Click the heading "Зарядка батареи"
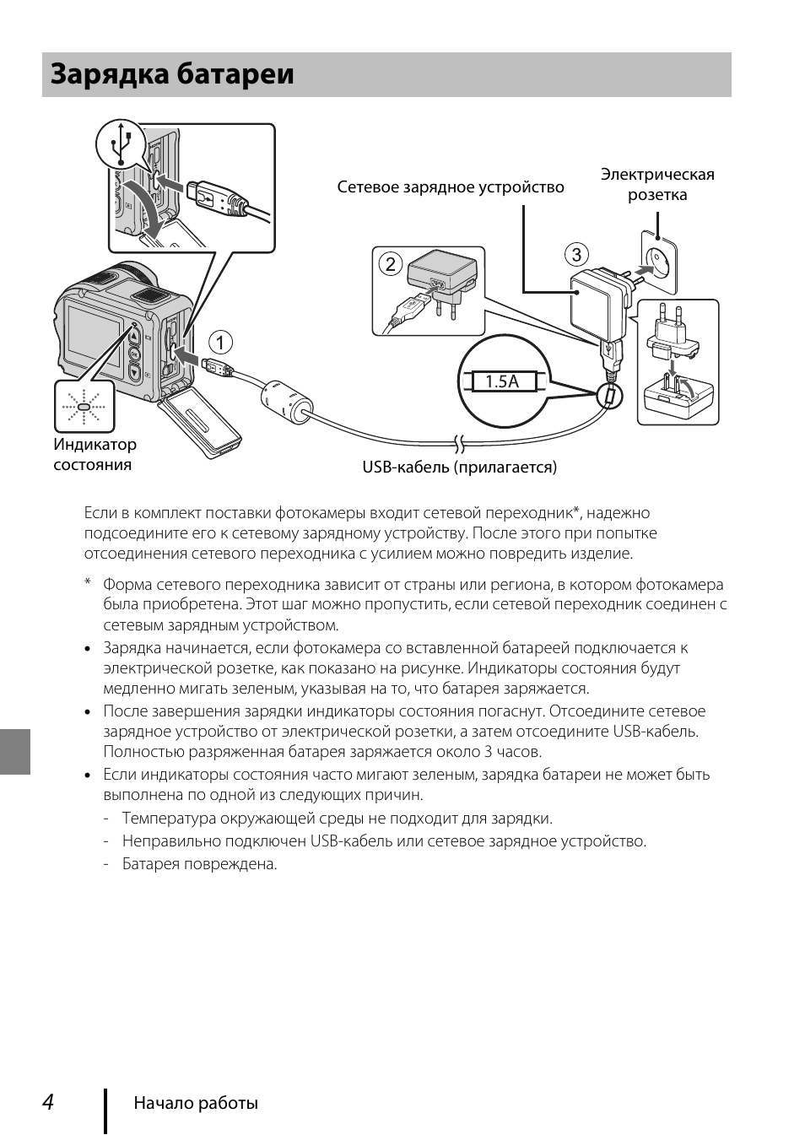click(x=173, y=75)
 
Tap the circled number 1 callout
click(x=220, y=343)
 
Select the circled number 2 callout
click(x=390, y=264)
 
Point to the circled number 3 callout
click(x=576, y=255)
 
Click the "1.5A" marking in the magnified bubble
click(x=501, y=381)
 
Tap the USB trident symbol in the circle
click(x=123, y=144)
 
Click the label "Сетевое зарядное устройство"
click(x=451, y=187)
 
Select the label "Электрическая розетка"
click(x=657, y=185)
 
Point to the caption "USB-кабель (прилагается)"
click(x=460, y=467)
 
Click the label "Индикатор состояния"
click(x=95, y=455)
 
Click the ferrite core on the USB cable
click(x=284, y=400)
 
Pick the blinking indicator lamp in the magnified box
click(x=84, y=407)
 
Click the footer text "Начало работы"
click(x=196, y=1103)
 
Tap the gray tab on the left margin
click(x=15, y=751)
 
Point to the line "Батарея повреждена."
click(x=200, y=864)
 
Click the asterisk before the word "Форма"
click(x=87, y=583)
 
